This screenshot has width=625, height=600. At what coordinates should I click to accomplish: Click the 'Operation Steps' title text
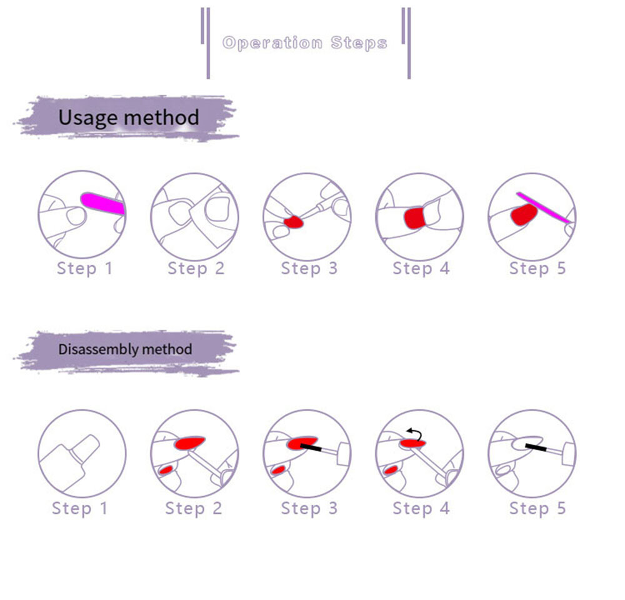(304, 43)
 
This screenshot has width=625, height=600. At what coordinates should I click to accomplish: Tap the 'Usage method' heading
(128, 117)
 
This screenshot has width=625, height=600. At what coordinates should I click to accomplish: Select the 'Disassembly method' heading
(125, 349)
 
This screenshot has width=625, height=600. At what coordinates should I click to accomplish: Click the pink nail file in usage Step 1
(103, 203)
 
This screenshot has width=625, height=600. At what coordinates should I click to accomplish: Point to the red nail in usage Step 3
(294, 222)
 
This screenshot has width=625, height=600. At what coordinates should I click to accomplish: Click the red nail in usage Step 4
(414, 218)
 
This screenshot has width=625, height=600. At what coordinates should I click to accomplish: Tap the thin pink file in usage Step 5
(544, 207)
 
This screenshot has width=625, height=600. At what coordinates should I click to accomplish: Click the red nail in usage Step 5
(524, 214)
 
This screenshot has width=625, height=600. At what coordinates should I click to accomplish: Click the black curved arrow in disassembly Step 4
(415, 433)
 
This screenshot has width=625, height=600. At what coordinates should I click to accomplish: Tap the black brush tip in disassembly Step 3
(311, 447)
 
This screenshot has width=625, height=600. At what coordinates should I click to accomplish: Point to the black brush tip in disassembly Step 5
(536, 447)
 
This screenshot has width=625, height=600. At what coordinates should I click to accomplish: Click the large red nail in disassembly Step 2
(189, 443)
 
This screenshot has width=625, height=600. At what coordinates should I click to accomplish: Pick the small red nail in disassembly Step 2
(166, 470)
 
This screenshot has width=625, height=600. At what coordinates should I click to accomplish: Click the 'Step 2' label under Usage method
(196, 268)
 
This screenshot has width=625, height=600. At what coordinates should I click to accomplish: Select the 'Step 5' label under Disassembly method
(537, 508)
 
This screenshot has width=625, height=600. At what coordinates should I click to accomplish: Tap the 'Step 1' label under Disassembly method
(80, 508)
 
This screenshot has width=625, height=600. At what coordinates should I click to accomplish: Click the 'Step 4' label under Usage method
(421, 268)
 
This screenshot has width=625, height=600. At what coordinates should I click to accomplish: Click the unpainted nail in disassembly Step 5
(527, 443)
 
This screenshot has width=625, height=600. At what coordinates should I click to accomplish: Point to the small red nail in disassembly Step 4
(391, 471)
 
